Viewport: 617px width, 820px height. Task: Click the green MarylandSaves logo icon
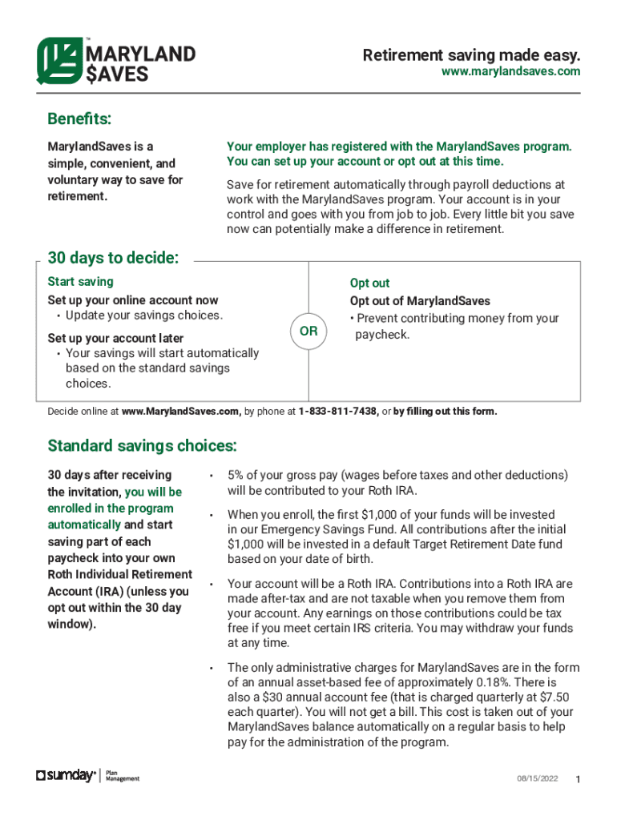click(x=60, y=62)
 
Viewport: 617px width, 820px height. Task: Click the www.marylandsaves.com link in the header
click(x=510, y=72)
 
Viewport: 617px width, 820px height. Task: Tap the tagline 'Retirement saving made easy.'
click(x=471, y=55)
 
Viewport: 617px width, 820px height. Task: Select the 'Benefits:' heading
click(x=79, y=119)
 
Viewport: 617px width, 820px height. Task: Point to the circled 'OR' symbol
click(x=308, y=332)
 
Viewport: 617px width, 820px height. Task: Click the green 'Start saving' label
click(x=80, y=282)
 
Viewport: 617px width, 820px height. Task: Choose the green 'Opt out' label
click(x=369, y=283)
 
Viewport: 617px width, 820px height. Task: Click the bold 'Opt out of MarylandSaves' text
click(x=419, y=301)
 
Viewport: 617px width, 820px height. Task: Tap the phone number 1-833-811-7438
click(x=338, y=412)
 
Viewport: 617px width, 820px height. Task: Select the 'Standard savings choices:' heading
click(x=142, y=445)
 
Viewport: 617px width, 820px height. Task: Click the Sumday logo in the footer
click(x=67, y=775)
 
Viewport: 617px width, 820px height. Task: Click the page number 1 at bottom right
click(x=578, y=781)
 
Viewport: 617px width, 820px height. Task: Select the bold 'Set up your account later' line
click(x=115, y=338)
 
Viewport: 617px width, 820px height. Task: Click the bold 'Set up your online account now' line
click(x=132, y=300)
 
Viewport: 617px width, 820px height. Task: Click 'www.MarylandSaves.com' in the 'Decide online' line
click(x=181, y=412)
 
